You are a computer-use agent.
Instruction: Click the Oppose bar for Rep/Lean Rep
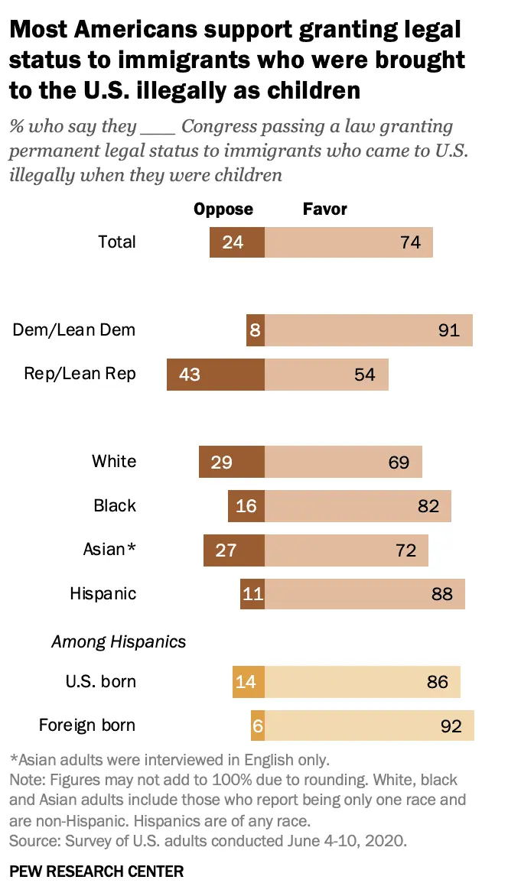pos(216,375)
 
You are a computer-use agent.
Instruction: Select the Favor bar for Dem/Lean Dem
pos(369,330)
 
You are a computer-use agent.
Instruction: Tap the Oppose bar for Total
pos(237,242)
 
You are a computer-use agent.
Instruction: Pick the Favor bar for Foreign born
pos(370,726)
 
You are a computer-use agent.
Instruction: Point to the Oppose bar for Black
pos(246,506)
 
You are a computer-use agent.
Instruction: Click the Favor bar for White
pos(344,462)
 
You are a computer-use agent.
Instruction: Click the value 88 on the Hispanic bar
pos(442,594)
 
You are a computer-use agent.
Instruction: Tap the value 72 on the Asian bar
pos(406,550)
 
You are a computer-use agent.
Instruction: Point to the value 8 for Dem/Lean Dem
pos(256,330)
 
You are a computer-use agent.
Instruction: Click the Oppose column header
pos(223,209)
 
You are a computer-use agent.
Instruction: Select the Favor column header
pos(325,209)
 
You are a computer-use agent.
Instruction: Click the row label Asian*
pos(109,549)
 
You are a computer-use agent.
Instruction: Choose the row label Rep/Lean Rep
pos(80,373)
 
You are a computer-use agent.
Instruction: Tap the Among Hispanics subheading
pos(119,641)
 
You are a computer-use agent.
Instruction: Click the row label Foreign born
pos(87,725)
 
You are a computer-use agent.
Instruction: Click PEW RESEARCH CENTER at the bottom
pos(96,871)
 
